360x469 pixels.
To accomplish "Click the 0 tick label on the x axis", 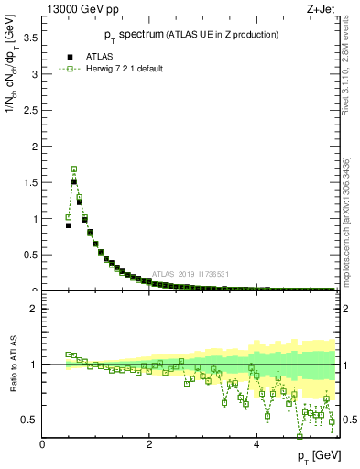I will pyautogui.click(x=42, y=445).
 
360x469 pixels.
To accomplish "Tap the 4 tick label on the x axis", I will pyautogui.click(x=256, y=445).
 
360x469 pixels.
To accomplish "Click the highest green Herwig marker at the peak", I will pyautogui.click(x=74, y=169).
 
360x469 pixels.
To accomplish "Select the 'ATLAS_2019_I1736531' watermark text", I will pyautogui.click(x=191, y=273).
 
